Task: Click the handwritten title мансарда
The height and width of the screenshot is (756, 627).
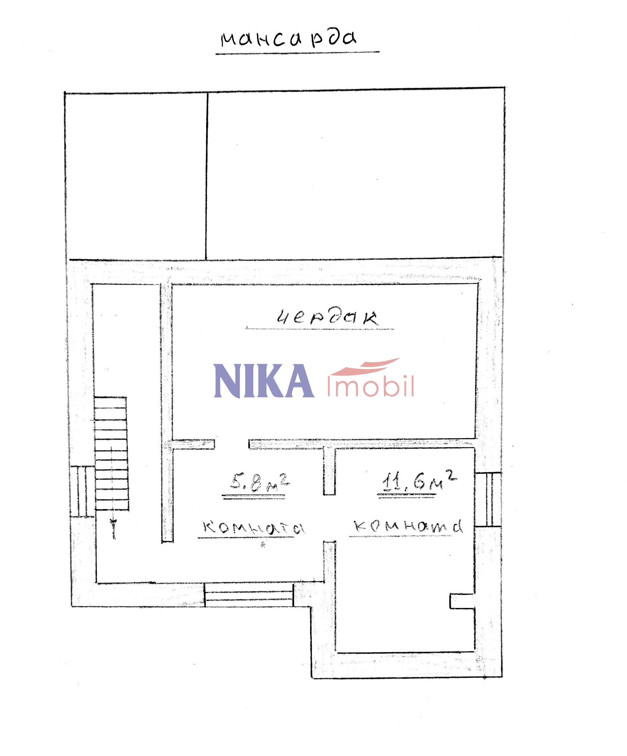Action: pos(288,39)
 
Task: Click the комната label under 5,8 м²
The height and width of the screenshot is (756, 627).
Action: pos(254,528)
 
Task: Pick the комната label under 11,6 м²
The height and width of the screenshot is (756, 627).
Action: pos(408,526)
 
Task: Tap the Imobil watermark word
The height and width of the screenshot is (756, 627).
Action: pos(371,386)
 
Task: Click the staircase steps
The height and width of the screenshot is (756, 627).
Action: pos(111,453)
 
